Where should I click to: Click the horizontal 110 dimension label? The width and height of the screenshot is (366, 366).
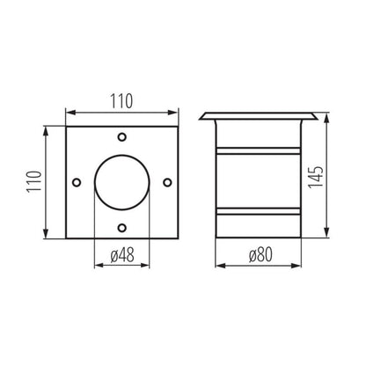pos(121,101)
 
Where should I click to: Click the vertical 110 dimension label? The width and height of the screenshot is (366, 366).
pos(34,181)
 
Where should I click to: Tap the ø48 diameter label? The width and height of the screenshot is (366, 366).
pos(122,255)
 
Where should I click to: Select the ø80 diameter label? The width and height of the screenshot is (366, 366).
pos(260,254)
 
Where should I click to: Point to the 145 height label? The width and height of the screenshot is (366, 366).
pos(316,178)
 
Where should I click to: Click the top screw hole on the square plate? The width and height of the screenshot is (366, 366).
pos(122,136)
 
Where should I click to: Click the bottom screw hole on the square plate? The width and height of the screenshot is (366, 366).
pos(122,228)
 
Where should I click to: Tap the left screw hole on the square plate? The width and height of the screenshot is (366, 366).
pos(77,182)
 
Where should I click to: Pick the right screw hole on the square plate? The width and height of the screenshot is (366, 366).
pos(167,182)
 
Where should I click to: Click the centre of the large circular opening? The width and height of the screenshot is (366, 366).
pos(122,182)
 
